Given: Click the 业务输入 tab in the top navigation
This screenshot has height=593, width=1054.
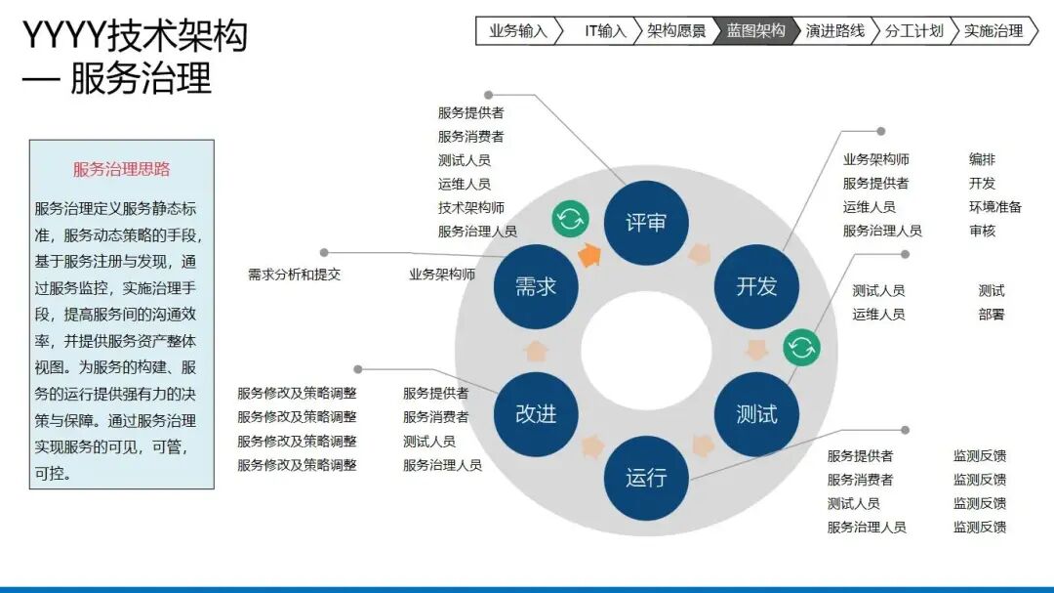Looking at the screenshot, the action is [x=517, y=31].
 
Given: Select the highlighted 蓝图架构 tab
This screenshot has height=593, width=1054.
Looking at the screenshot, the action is [x=755, y=31].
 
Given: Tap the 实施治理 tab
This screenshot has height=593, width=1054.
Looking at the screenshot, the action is [x=993, y=31].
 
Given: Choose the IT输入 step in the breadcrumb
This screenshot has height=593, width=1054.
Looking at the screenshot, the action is [x=604, y=31].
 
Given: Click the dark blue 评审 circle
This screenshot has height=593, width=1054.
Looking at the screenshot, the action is [x=646, y=223].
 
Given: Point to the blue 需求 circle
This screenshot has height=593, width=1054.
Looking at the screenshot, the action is [x=536, y=287].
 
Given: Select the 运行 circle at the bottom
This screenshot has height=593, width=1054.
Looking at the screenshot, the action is [x=646, y=478].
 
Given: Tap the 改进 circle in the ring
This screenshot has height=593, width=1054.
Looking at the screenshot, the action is [x=536, y=414].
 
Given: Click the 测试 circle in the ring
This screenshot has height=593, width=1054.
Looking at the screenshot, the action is [x=756, y=414].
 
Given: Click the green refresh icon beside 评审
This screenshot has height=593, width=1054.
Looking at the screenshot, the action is [x=571, y=219].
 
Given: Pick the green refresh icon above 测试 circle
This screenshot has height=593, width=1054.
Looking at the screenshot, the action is [x=802, y=348].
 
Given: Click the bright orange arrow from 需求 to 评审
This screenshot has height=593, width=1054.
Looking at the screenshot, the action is [x=589, y=255].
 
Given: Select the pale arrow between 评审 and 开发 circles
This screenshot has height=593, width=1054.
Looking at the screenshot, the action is [x=699, y=254].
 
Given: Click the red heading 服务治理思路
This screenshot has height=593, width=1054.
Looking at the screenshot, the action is [x=122, y=169].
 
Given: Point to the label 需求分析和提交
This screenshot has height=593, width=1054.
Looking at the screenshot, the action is [x=295, y=275].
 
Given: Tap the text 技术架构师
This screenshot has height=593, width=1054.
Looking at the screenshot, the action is [x=471, y=208].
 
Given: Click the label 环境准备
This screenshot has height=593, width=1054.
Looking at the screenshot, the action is [x=995, y=207].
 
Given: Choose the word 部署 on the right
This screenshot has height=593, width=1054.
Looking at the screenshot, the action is [x=992, y=315].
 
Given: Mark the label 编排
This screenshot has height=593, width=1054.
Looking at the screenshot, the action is [x=982, y=159].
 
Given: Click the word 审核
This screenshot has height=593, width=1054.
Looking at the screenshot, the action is [x=982, y=231].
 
